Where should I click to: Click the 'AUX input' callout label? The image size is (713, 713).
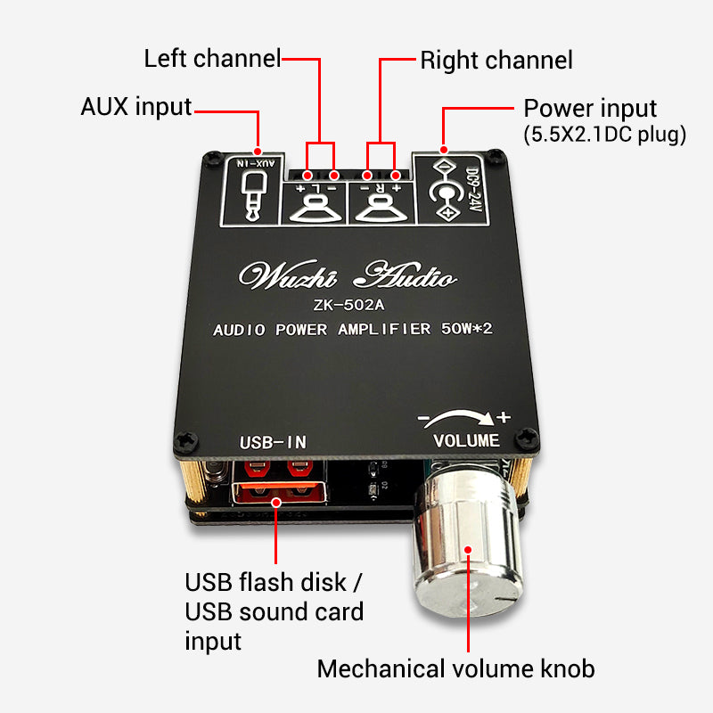[x=136, y=107]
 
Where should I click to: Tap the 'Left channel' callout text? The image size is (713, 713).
[x=212, y=60]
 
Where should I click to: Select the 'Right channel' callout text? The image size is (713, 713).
[x=496, y=61]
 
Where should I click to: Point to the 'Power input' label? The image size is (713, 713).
[x=590, y=109]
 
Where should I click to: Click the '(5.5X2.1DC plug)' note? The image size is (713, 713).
[x=603, y=135]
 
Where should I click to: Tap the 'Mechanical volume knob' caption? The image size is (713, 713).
[x=455, y=668]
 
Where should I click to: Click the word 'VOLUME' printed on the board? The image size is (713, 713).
[x=466, y=441]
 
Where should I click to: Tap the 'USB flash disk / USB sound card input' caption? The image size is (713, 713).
[x=275, y=612]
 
